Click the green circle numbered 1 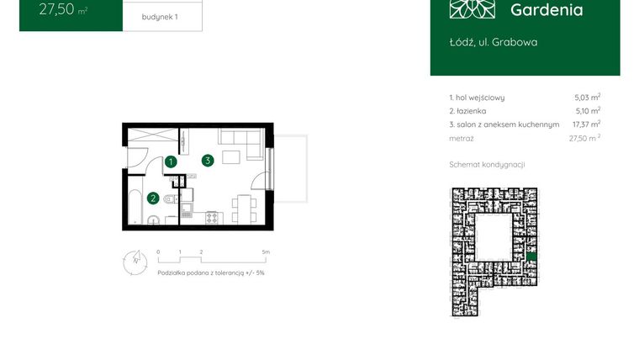click(x=171, y=161)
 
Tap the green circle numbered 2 click(x=152, y=199)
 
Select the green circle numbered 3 click(x=207, y=160)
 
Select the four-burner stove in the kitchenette click(x=211, y=218)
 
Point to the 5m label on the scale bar click(x=266, y=251)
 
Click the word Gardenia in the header click(x=547, y=10)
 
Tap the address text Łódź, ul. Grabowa click(x=494, y=41)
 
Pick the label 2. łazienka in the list click(x=467, y=111)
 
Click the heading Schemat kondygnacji click(x=487, y=165)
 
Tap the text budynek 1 click(x=160, y=17)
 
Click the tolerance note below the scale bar click(x=211, y=273)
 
